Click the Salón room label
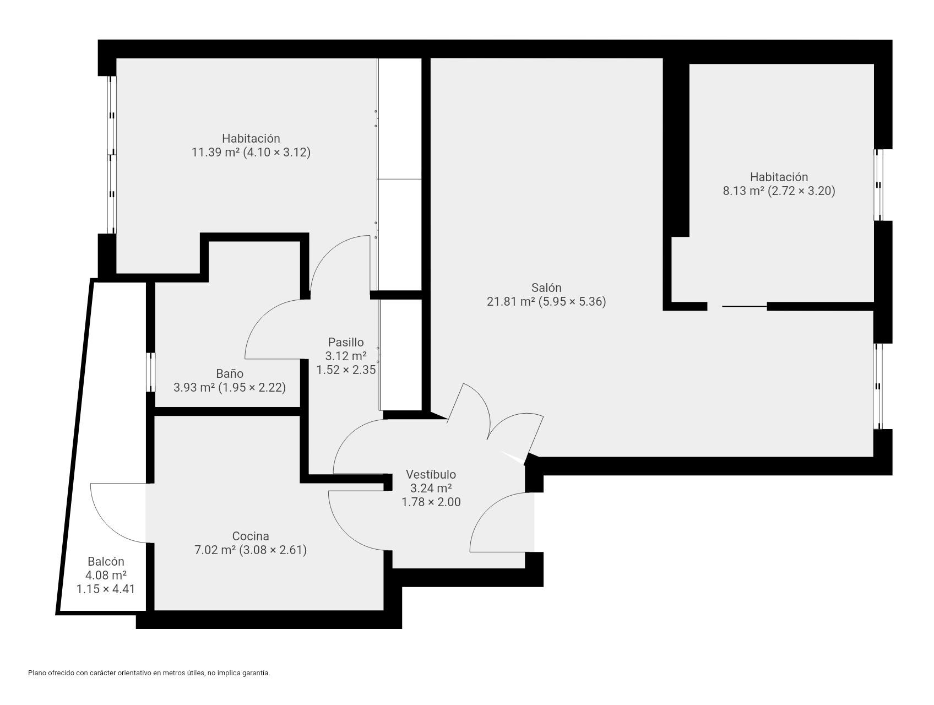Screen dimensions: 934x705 coord(546,288)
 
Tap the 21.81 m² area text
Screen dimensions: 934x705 coord(511,302)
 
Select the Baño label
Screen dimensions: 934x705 coord(230,373)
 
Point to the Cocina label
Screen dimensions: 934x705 coord(251,536)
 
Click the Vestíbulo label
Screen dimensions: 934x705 coord(431,474)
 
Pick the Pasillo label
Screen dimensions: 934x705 coord(346,342)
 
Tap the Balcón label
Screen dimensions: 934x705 coord(106,562)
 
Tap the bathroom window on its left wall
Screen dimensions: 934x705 coord(150,372)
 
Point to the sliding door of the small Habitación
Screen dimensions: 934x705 coord(744,306)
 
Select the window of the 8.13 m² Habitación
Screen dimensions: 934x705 coord(878,185)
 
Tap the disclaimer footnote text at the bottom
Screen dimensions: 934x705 coord(149,673)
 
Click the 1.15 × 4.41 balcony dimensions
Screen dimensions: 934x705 coord(106,589)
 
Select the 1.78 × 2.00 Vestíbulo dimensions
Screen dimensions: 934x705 coord(431,502)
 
